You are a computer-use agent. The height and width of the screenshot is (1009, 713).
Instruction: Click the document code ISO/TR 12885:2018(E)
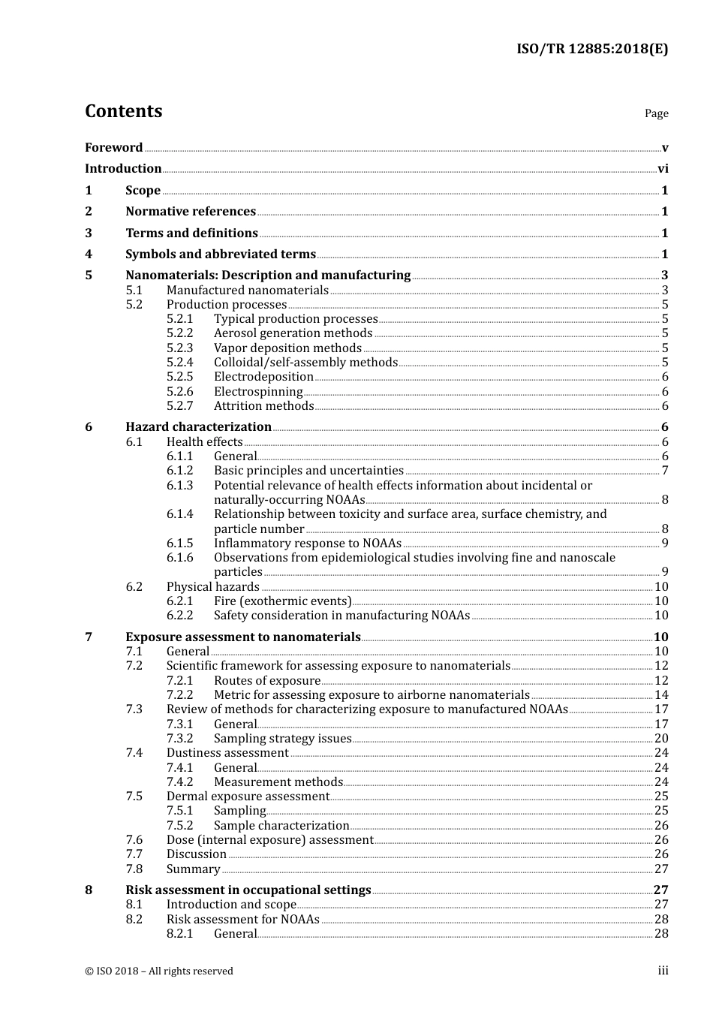pos(591,49)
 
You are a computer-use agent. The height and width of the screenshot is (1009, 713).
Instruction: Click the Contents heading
pos(123,111)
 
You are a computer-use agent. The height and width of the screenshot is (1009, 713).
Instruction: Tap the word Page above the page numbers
pos(656,113)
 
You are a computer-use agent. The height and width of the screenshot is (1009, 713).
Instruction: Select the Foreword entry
pos(113,148)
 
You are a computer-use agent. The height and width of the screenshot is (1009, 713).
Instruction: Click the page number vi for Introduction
pos(663,169)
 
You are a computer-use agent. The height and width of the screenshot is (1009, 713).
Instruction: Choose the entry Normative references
pos(191,212)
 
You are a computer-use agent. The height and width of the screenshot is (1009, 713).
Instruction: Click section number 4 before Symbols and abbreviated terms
pos(89,255)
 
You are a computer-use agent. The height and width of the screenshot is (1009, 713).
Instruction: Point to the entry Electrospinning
pos(258,392)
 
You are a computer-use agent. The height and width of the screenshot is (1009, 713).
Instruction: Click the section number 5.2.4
pos(179,363)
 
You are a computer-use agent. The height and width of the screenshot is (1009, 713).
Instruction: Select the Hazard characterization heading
pos(198,427)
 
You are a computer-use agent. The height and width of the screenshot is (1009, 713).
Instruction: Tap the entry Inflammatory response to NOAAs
pos(308,544)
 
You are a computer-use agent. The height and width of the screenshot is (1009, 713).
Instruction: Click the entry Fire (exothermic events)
pos(282,601)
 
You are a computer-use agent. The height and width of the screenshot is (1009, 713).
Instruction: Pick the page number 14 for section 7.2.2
pos(661,695)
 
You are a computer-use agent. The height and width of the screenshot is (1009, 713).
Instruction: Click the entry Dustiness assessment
pos(227,753)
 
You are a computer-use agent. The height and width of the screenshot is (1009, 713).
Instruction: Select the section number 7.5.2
pos(179,826)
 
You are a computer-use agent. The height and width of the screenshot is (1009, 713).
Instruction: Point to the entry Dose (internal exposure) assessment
pos(270,840)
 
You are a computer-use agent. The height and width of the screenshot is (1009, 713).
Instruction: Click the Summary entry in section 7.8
pos(193,869)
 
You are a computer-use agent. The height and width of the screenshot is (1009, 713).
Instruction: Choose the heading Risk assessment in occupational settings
pos(248,890)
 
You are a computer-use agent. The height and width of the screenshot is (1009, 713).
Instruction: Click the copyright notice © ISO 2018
pos(158,971)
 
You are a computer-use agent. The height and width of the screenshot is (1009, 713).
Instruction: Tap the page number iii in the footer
pos(663,971)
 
